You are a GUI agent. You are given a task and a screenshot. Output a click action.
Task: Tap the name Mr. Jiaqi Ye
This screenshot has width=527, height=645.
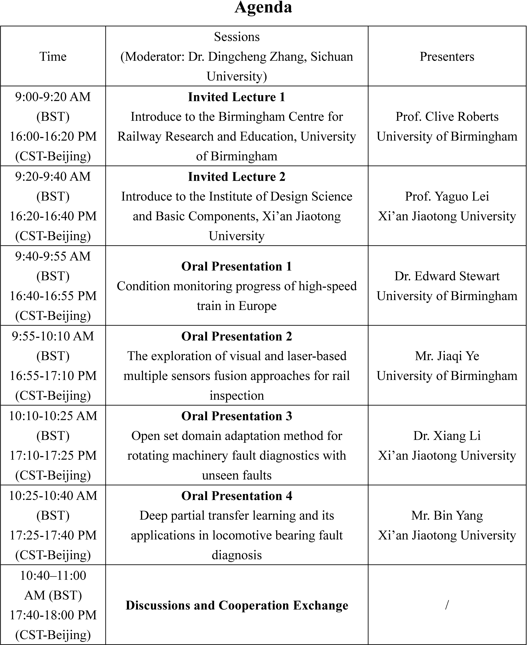(447, 356)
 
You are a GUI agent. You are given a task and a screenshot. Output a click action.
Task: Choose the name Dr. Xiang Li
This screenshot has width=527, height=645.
(447, 436)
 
